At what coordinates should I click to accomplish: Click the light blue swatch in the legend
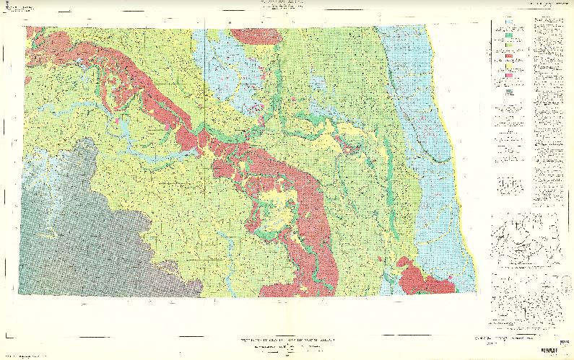point(509,22)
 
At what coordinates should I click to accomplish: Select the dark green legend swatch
point(509,35)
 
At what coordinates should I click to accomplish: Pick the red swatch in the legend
point(509,56)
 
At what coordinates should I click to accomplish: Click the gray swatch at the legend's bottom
point(509,92)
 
